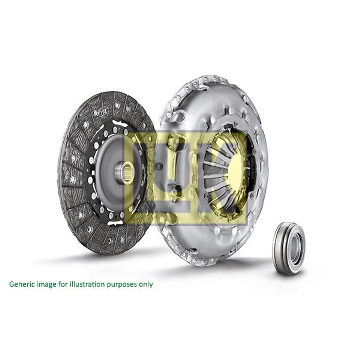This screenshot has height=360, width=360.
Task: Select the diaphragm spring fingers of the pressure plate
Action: pyautogui.click(x=218, y=176)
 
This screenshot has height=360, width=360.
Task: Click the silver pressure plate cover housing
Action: pyautogui.click(x=197, y=102)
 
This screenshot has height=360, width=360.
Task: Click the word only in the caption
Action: pyautogui.click(x=146, y=284)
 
